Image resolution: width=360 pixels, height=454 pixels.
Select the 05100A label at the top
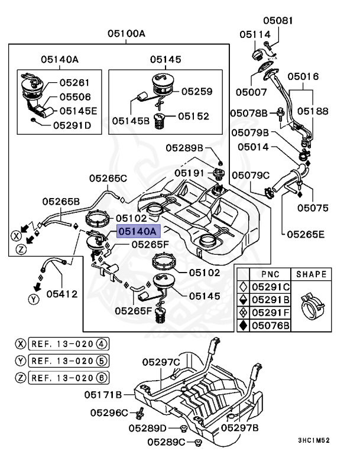click(126, 34)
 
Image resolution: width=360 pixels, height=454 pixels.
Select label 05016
click(303, 77)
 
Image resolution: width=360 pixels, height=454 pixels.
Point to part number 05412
click(61, 293)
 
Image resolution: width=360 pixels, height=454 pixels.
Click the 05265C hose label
click(108, 177)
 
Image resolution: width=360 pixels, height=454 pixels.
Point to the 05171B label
click(103, 394)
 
